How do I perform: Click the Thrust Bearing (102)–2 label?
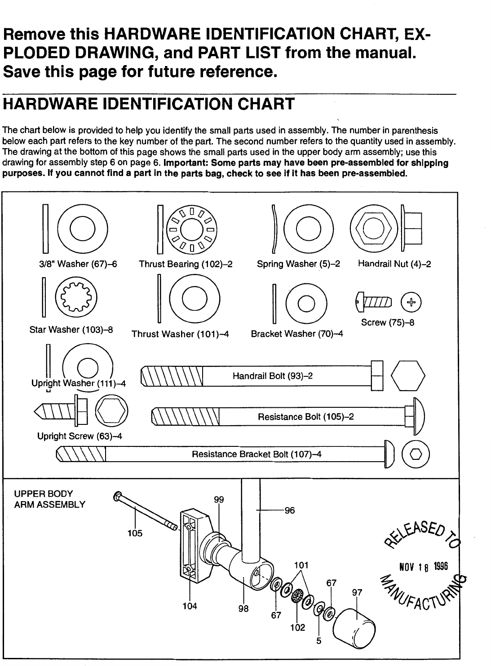point(186,264)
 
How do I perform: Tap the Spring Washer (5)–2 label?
point(298,264)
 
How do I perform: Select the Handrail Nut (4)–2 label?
point(394,264)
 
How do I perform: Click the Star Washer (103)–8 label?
point(71,330)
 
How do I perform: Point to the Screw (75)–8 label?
point(387,322)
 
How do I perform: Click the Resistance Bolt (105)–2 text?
point(305,417)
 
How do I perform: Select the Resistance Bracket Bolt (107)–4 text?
point(257,454)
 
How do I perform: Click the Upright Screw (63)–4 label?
point(80,436)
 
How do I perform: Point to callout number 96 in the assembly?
point(290,511)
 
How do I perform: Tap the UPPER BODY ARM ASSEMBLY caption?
point(49,499)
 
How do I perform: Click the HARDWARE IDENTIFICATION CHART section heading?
point(148,104)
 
